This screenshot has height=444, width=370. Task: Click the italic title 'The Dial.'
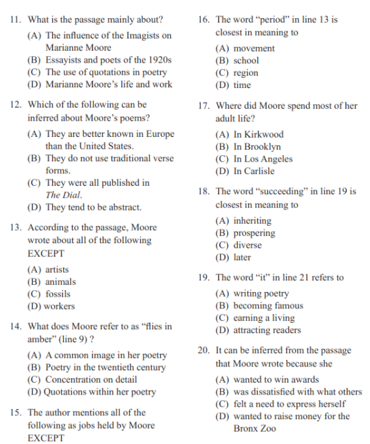pos(64,195)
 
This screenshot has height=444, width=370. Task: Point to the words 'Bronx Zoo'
pos(255,428)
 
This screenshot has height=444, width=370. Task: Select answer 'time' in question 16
pos(242,85)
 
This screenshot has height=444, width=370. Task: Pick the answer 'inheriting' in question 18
pos(252,220)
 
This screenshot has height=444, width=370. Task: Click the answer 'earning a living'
pos(264,318)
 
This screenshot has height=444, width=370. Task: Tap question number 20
pos(204,350)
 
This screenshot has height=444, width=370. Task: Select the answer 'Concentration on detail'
pos(91,379)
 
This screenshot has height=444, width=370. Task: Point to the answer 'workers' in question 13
pos(59,306)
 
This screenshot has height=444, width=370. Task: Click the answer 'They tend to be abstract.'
pos(92,207)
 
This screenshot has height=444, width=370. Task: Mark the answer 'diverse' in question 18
pos(248,245)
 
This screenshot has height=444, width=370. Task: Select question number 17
pos(204,106)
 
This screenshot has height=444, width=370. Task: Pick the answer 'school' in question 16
pos(246,61)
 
